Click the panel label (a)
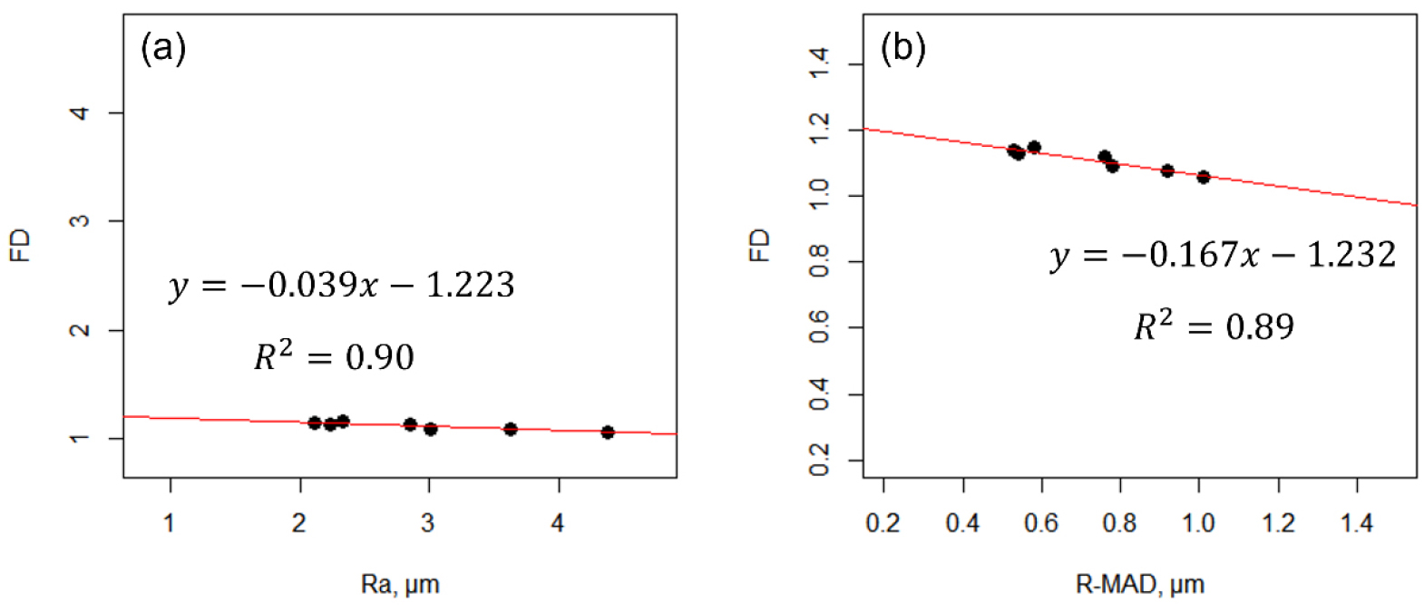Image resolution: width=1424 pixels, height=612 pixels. (163, 47)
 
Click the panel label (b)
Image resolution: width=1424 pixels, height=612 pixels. (902, 47)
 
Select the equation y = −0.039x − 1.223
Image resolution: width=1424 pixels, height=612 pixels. (341, 286)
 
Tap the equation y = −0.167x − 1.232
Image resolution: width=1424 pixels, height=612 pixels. (1223, 256)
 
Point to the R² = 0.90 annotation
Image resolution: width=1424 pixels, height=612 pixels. (334, 356)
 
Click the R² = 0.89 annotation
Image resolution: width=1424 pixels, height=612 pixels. (1214, 325)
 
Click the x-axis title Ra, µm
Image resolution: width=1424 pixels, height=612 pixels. (400, 584)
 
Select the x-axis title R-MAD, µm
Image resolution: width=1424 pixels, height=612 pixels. (1139, 584)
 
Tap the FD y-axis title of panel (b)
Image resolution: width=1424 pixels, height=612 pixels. (759, 245)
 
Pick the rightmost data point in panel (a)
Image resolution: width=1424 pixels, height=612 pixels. (608, 432)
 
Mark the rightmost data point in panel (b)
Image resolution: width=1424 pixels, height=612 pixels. (1204, 177)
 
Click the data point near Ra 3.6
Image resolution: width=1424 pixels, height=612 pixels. (511, 429)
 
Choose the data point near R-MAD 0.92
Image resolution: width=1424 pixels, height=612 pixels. (1167, 170)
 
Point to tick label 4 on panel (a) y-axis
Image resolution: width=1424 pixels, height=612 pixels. (81, 112)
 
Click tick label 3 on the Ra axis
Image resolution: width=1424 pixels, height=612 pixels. (428, 523)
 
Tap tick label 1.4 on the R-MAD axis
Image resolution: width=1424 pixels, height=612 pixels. (1357, 523)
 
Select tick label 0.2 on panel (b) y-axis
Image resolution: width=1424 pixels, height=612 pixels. (819, 461)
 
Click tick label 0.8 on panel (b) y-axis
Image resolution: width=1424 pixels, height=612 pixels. (819, 262)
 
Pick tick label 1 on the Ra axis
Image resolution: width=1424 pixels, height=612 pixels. (170, 523)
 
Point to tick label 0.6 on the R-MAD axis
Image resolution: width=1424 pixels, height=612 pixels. (1041, 523)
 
